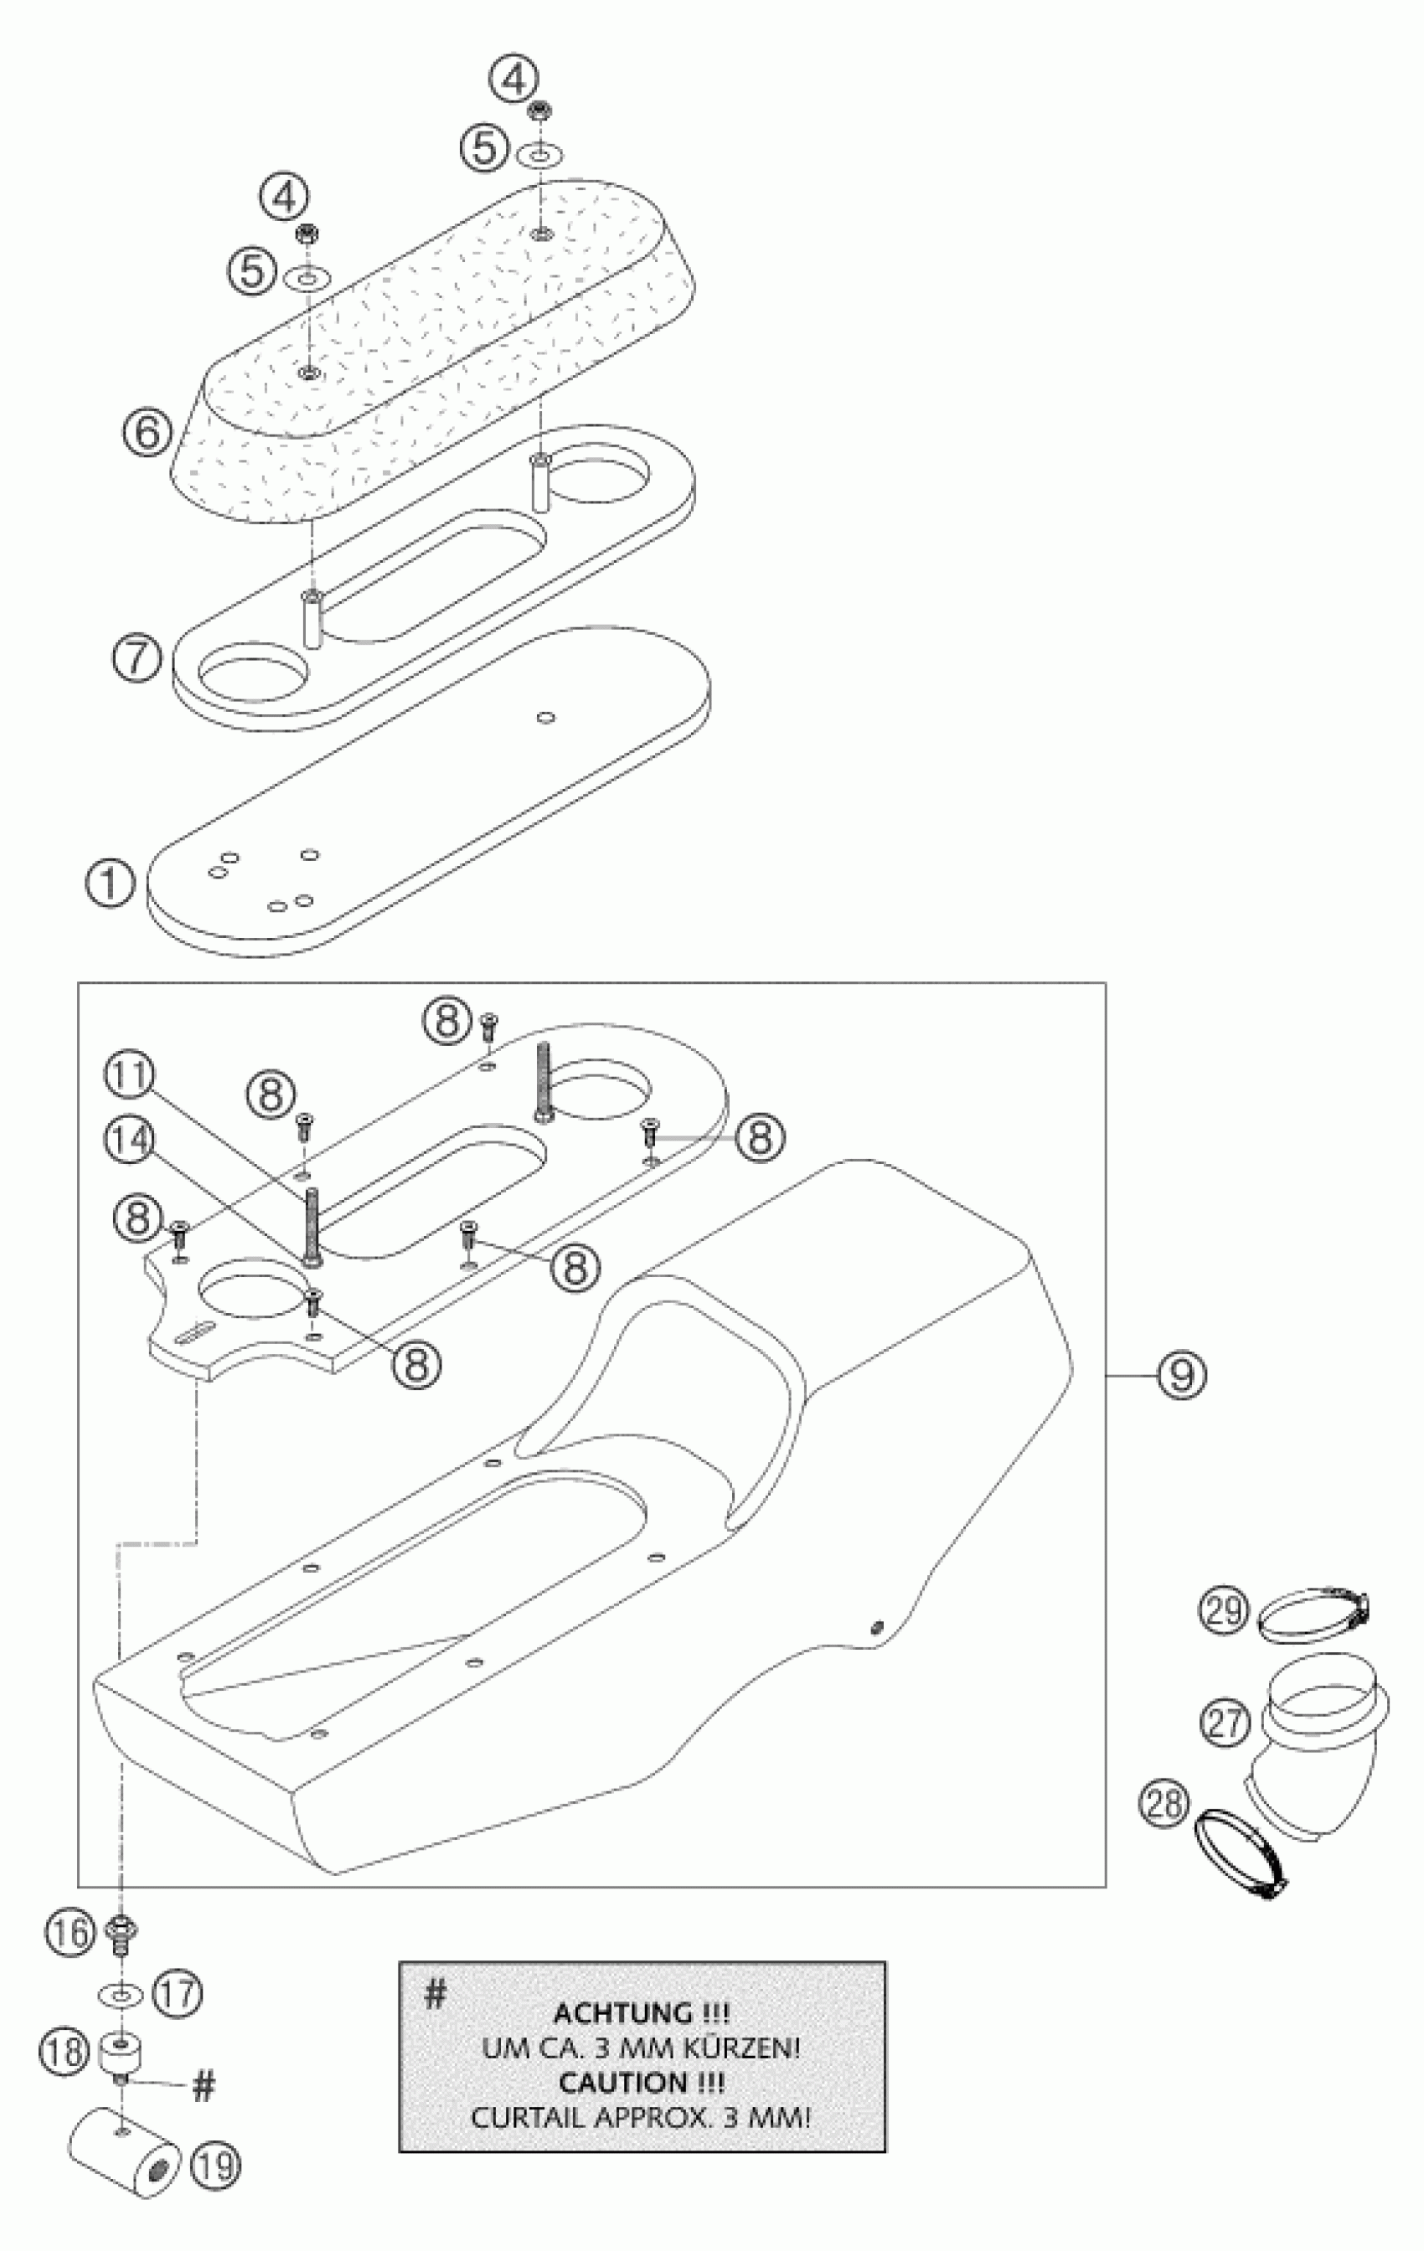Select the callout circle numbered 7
tap(137, 658)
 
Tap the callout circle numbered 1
tap(111, 883)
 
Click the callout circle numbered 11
tap(129, 1077)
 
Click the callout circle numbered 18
tap(62, 2053)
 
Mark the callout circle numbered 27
tap(1225, 1722)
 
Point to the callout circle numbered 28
tap(1164, 1804)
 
